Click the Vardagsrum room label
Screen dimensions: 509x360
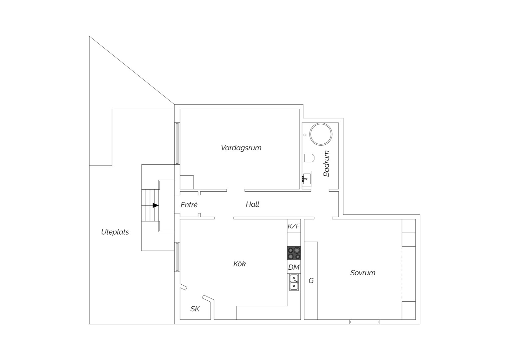pyautogui.click(x=241, y=148)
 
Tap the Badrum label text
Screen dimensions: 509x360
pyautogui.click(x=326, y=163)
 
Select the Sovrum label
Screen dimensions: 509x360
pyautogui.click(x=363, y=273)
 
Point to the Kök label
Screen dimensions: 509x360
pyautogui.click(x=240, y=264)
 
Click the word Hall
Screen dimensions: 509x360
pyautogui.click(x=253, y=204)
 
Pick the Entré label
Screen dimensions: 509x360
pyautogui.click(x=189, y=205)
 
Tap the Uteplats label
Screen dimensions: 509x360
pyautogui.click(x=115, y=232)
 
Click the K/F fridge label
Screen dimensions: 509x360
pyautogui.click(x=294, y=226)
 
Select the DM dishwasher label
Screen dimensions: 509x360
pyautogui.click(x=294, y=267)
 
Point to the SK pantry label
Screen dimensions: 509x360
pyautogui.click(x=195, y=309)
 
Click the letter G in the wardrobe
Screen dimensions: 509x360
pyautogui.click(x=311, y=281)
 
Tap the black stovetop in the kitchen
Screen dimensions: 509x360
pyautogui.click(x=294, y=253)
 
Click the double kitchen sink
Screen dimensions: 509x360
pyautogui.click(x=294, y=282)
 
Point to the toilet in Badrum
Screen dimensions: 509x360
pyautogui.click(x=308, y=158)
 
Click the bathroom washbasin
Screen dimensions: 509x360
pyautogui.click(x=306, y=179)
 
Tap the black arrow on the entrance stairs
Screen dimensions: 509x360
pyautogui.click(x=156, y=206)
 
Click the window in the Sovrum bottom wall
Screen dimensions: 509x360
pyautogui.click(x=364, y=322)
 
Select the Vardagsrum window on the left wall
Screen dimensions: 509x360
pyautogui.click(x=177, y=143)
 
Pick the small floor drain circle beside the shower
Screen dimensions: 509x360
pyautogui.click(x=305, y=135)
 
